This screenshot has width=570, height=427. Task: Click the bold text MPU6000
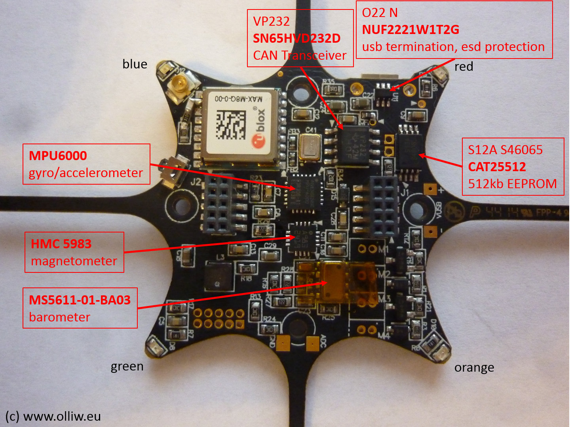[x=58, y=155]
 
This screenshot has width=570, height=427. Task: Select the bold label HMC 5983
[x=61, y=244]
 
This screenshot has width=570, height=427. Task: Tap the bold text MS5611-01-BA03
[x=80, y=300]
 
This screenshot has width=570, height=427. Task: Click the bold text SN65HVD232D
[x=296, y=38]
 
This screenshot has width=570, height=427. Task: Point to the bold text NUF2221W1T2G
[x=410, y=30]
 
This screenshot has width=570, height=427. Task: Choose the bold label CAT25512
[x=497, y=166]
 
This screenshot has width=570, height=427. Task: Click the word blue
[x=135, y=64]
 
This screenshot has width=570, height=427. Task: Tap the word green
[x=127, y=367]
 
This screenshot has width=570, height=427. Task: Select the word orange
[x=474, y=368]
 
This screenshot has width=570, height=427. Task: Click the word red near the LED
[x=464, y=66]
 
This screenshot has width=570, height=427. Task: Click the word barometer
[x=59, y=317]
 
